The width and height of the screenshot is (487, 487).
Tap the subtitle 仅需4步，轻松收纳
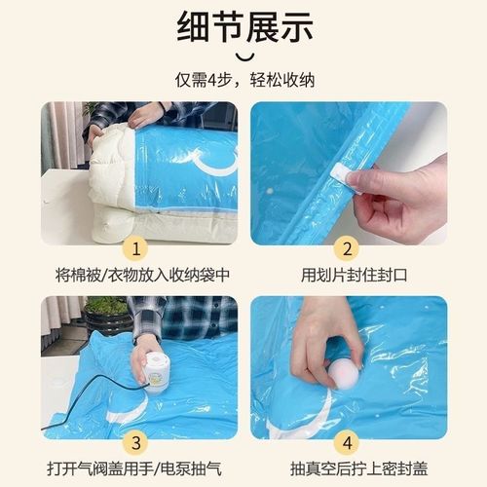coord(243,79)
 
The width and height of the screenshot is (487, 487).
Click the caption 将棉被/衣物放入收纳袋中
coord(139,275)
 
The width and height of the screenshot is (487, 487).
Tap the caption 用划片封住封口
coord(348,275)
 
